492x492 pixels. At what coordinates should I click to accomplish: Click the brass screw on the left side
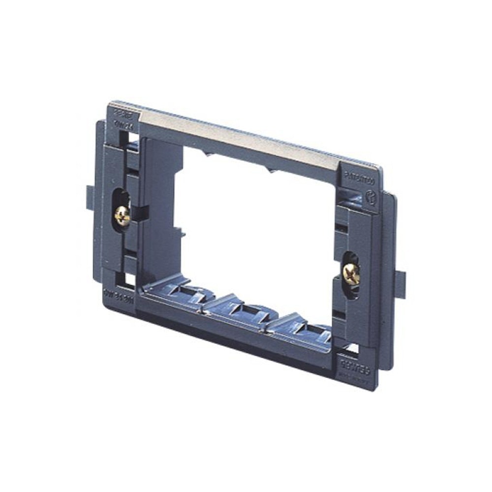pos(122,215)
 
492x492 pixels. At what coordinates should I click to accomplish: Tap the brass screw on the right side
pos(351,274)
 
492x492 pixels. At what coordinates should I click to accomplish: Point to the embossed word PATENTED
pos(359,180)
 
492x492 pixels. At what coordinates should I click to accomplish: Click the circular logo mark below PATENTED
pos(370,198)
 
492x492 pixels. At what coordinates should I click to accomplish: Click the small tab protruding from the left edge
pos(89,196)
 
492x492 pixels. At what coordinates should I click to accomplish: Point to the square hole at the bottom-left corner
pos(129,279)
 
